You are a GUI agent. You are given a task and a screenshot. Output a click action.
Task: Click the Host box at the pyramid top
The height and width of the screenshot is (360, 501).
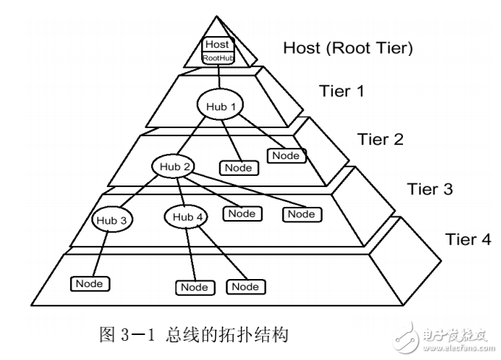218,44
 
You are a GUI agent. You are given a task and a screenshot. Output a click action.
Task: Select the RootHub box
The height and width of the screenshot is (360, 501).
218,57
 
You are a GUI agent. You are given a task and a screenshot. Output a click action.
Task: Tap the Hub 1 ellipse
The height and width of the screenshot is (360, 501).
219,106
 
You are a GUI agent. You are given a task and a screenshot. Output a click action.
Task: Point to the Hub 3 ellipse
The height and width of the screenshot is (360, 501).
113,219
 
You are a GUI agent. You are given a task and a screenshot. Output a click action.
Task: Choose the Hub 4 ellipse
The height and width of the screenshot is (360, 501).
188,216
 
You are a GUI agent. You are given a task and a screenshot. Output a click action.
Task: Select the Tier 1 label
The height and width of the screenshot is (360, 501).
341,91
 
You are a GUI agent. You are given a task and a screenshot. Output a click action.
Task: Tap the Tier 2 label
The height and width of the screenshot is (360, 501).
380,138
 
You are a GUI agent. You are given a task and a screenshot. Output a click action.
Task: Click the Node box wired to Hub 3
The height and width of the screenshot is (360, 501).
90,283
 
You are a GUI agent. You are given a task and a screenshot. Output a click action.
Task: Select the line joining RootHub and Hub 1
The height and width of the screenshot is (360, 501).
218,77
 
